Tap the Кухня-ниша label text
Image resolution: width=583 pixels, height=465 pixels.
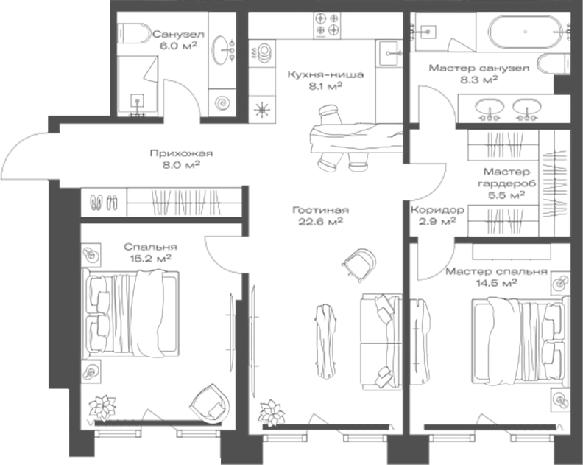coord(325,74)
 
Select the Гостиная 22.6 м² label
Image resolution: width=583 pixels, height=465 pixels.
coord(320,216)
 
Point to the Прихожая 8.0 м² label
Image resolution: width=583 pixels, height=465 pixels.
coord(181,159)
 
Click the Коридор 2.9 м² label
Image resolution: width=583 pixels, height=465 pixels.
coord(437,216)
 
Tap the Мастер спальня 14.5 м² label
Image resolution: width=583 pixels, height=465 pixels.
coord(496,277)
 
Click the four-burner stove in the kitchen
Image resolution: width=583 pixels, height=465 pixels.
coord(327,25)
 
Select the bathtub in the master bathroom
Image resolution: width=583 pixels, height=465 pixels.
coord(526,32)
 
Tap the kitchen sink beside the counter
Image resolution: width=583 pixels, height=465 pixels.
coord(389,54)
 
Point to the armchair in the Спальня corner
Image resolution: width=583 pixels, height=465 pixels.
coord(210,404)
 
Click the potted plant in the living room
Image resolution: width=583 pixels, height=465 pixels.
coord(272,413)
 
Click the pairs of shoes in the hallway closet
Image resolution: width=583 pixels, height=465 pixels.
coord(104,203)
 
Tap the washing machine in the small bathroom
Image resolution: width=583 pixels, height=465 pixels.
coord(222,102)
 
